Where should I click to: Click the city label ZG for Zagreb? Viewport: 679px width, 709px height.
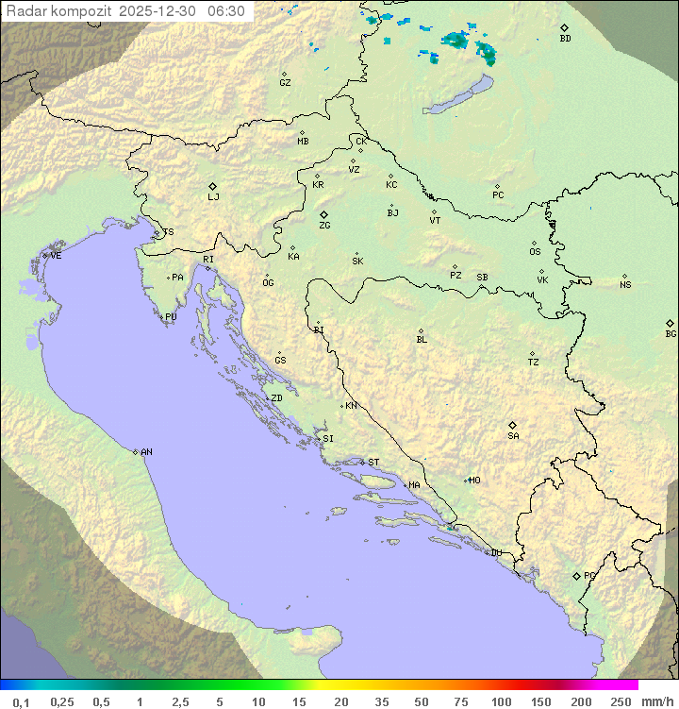pyautogui.click(x=324, y=226)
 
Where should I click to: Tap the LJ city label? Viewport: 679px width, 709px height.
pyautogui.click(x=213, y=197)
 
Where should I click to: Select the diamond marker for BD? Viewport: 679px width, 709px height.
pyautogui.click(x=564, y=28)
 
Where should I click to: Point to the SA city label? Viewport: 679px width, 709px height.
pyautogui.click(x=513, y=436)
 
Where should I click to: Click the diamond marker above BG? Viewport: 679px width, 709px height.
pyautogui.click(x=670, y=323)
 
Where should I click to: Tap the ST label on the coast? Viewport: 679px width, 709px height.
pyautogui.click(x=373, y=463)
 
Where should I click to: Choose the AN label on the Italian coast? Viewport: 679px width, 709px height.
pyautogui.click(x=146, y=452)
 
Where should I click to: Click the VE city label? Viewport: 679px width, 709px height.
pyautogui.click(x=56, y=256)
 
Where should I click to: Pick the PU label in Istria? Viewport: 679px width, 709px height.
pyautogui.click(x=171, y=317)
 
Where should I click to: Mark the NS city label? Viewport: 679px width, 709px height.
pyautogui.click(x=625, y=285)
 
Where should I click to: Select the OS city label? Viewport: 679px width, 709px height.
pyautogui.click(x=535, y=252)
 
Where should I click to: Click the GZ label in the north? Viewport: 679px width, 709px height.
pyautogui.click(x=285, y=83)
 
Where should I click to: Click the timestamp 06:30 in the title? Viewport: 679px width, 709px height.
pyautogui.click(x=226, y=11)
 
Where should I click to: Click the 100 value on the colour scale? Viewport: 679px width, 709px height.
pyautogui.click(x=501, y=701)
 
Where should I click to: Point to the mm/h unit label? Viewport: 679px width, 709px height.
pyautogui.click(x=655, y=701)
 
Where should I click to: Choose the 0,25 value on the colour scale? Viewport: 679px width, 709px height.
pyautogui.click(x=62, y=701)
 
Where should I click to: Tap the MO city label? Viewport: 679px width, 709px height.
pyautogui.click(x=474, y=481)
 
